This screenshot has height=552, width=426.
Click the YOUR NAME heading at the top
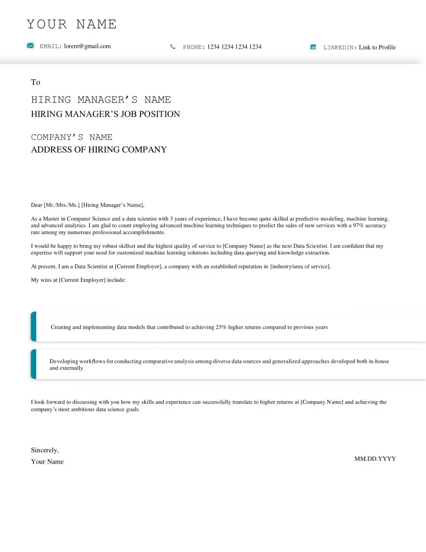click(72, 24)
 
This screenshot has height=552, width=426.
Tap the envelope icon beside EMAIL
click(31, 46)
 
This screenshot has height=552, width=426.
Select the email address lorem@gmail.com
click(87, 46)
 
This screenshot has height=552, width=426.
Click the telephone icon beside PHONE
click(173, 47)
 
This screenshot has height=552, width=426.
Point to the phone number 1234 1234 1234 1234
click(234, 47)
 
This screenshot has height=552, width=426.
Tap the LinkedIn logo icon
click(313, 47)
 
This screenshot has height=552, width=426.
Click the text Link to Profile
click(377, 47)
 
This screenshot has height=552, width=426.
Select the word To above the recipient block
click(36, 82)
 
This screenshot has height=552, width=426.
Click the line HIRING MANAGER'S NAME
click(101, 100)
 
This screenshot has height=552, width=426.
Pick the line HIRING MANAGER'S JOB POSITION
click(106, 114)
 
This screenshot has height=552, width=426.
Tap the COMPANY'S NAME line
click(72, 137)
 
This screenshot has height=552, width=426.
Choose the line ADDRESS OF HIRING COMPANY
click(99, 150)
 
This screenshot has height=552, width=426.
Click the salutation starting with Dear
click(88, 205)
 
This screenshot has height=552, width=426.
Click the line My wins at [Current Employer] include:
click(78, 280)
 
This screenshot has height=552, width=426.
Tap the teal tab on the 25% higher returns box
click(33, 327)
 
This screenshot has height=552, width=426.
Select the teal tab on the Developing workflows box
click(33, 364)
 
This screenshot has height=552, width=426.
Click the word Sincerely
click(45, 450)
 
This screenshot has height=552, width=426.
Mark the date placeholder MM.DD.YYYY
click(375, 459)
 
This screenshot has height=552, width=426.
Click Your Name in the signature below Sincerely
click(47, 462)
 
